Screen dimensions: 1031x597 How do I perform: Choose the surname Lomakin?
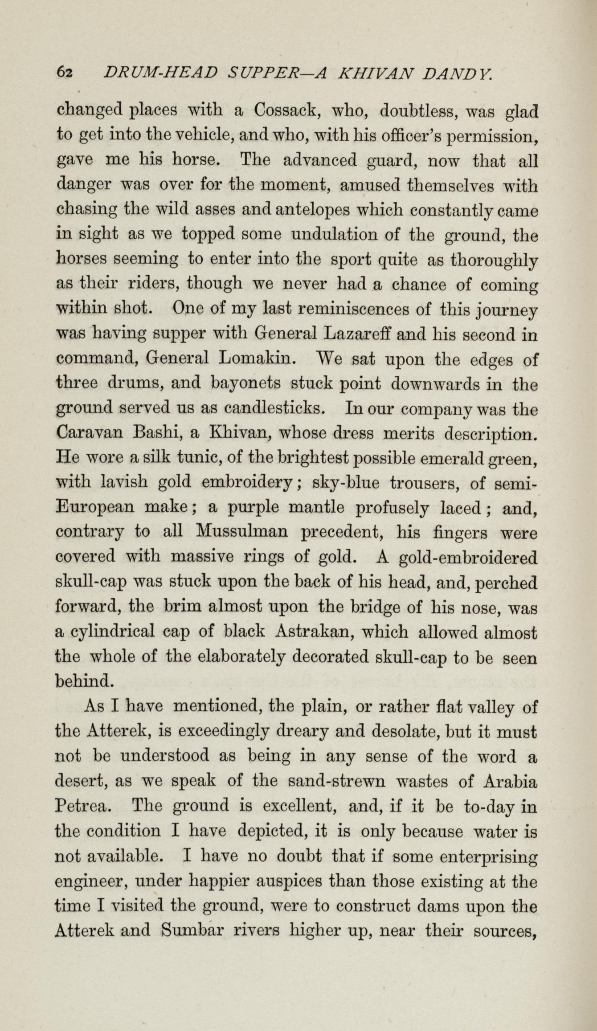point(256,359)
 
